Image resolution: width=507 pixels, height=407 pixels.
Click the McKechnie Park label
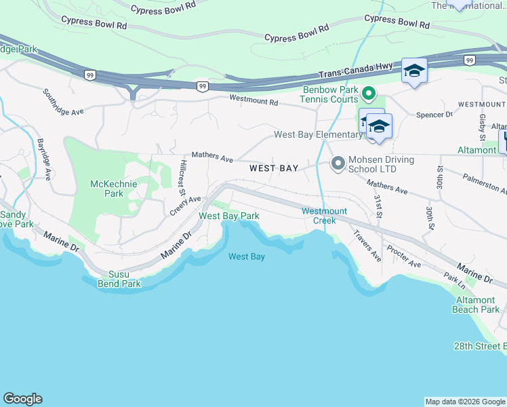tap(107, 189)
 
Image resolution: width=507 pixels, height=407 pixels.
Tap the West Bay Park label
tap(228, 216)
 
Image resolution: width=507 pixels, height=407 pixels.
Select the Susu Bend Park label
tap(120, 279)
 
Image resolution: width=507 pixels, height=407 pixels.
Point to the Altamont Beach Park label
tap(476, 305)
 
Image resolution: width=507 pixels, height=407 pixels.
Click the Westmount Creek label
tap(319, 216)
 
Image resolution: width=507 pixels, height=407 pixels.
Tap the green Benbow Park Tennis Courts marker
tap(369, 93)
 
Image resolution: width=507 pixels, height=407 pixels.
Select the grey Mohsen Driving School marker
tap(337, 163)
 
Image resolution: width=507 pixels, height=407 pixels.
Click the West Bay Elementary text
tap(317, 134)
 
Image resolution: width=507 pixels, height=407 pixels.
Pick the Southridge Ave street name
tap(62, 101)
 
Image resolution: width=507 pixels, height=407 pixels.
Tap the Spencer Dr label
tap(434, 115)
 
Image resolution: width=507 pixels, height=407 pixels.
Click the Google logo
tap(22, 399)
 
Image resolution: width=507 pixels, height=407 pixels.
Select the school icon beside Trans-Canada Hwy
tap(413, 71)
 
